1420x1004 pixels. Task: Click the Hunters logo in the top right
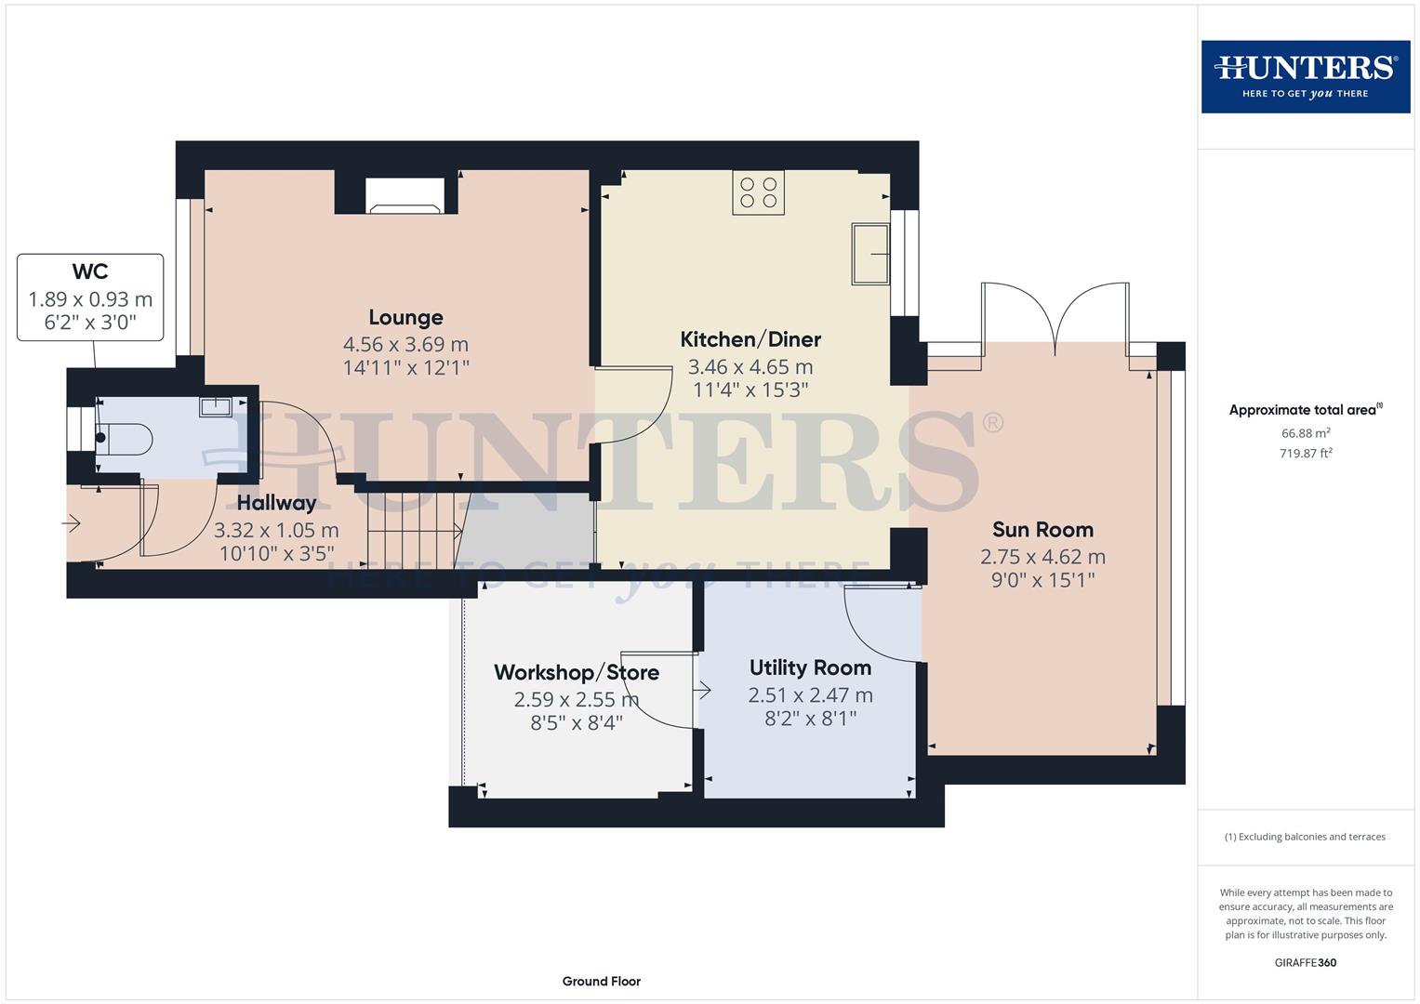[x=1305, y=76]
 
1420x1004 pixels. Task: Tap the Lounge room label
[x=405, y=318]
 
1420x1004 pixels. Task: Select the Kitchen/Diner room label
[x=750, y=339]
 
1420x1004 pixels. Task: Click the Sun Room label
[x=1042, y=530]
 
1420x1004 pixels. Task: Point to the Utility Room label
[x=810, y=667]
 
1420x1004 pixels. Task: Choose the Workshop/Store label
[x=576, y=672]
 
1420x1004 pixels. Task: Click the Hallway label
[x=276, y=503]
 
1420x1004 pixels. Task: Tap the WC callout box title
[x=90, y=271]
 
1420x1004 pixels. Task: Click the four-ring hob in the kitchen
[x=758, y=192]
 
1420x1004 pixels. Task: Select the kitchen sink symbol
[x=870, y=253]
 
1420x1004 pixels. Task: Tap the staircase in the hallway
[x=412, y=531]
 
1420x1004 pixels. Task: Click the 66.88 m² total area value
[x=1305, y=433]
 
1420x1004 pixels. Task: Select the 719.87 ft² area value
[x=1305, y=454]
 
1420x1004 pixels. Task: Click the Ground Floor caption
[x=601, y=981]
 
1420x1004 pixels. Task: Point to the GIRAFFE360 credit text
[x=1305, y=962]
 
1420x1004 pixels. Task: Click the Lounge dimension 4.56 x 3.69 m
[x=405, y=345]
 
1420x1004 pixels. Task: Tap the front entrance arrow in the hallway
[x=72, y=524]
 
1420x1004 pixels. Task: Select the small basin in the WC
[x=215, y=406]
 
